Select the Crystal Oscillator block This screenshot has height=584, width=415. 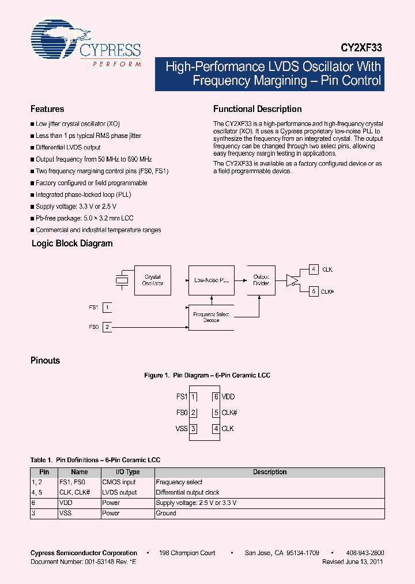(x=152, y=280)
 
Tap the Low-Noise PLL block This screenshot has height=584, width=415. (x=211, y=280)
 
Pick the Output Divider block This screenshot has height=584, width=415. (x=261, y=280)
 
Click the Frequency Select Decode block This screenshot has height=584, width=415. (x=211, y=317)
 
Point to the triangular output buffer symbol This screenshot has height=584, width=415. (x=292, y=280)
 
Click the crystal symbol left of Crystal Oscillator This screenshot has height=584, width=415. (x=122, y=280)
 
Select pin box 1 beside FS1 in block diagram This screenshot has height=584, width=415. (x=108, y=308)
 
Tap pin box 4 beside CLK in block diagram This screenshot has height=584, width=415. (x=314, y=269)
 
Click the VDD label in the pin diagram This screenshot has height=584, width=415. (x=228, y=397)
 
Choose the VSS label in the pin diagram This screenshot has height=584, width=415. (x=182, y=429)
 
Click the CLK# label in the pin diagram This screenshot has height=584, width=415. (x=229, y=413)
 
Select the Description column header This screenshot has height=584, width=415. (x=269, y=472)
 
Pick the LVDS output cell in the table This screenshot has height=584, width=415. (x=119, y=492)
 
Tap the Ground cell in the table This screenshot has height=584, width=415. (x=166, y=513)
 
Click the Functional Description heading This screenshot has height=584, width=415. (x=257, y=109)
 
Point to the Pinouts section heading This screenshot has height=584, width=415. (x=45, y=361)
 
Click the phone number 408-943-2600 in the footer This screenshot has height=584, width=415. (x=366, y=553)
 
